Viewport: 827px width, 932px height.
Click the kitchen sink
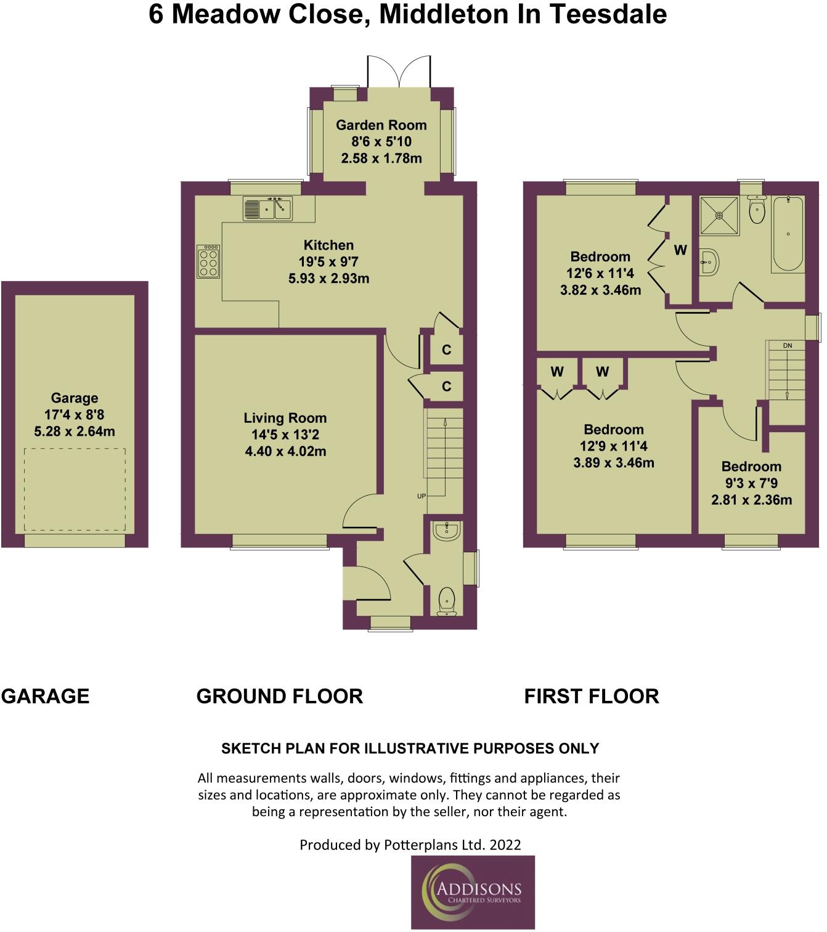coord(267,209)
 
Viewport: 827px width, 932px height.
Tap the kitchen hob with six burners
coord(208,261)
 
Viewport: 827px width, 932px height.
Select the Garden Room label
coord(381,125)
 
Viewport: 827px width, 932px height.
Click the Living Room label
coord(285,418)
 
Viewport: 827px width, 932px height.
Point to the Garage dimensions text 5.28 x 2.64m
coord(75,431)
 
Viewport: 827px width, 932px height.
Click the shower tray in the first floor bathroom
coord(719,215)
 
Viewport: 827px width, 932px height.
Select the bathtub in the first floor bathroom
coord(788,234)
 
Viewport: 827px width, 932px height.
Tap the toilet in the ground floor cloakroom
coord(446,600)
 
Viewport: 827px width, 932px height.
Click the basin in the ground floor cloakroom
coord(446,531)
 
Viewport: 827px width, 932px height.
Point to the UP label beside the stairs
coord(422,496)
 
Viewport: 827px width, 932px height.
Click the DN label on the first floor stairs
coord(787,346)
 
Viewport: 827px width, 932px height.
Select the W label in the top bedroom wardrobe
coord(680,250)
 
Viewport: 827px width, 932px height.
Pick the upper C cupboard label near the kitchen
coord(447,350)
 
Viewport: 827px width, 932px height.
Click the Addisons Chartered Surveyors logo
coord(473,892)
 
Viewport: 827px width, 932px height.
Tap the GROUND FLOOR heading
coord(279,697)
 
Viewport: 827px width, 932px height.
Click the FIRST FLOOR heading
coord(591,697)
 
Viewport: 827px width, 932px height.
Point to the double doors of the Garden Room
coord(399,72)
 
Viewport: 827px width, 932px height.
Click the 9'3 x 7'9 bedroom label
coord(751,483)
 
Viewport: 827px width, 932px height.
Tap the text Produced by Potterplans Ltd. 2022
coord(410,844)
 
